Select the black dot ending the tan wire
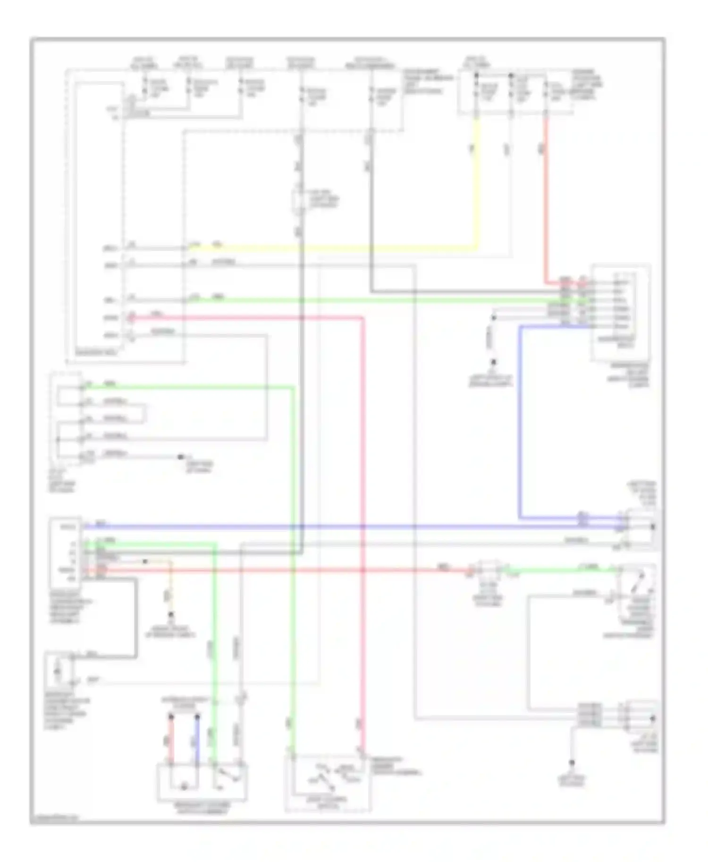point(171,615)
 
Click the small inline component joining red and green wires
point(489,571)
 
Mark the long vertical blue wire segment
point(520,424)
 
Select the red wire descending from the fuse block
point(546,198)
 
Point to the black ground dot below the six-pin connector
point(494,362)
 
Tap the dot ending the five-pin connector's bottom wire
point(180,457)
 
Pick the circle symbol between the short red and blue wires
point(185,786)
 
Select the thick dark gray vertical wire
point(301,377)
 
